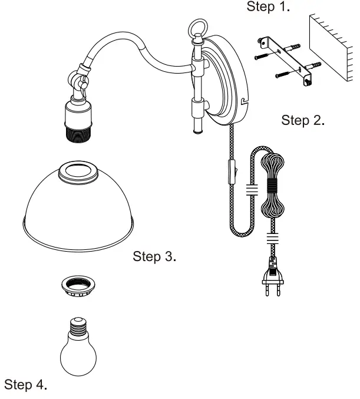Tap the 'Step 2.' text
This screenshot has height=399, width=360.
[303, 121]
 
